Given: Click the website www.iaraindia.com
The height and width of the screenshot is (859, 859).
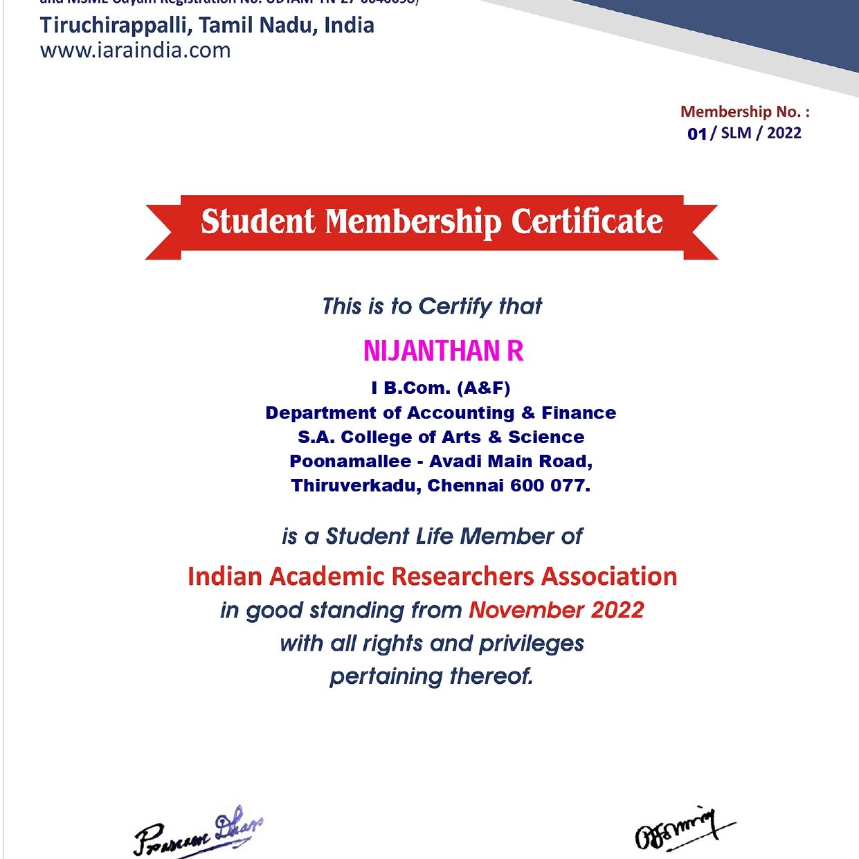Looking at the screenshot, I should pos(136,51).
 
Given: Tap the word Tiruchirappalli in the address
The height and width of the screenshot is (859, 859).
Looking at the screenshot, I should pos(116,26).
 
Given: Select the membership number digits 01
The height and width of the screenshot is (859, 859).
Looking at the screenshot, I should pos(697,134).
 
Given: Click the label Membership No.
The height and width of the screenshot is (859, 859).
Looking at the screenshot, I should pos(744,112).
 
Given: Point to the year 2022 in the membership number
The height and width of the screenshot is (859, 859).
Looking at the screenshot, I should pos(784,133).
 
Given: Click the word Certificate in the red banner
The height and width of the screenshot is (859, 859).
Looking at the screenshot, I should pos(587,222).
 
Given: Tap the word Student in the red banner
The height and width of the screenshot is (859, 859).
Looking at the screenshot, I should pos(257,222).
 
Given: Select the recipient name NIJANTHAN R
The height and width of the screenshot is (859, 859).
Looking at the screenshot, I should pos(443,351).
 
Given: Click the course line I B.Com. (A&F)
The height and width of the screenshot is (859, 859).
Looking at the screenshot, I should pos(441,388).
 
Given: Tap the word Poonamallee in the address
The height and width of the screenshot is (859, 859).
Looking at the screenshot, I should pos(350,462).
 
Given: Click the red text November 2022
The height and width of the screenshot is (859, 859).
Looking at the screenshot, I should pos(557,611).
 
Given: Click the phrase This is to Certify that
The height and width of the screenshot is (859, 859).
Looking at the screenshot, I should pos(432,306).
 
